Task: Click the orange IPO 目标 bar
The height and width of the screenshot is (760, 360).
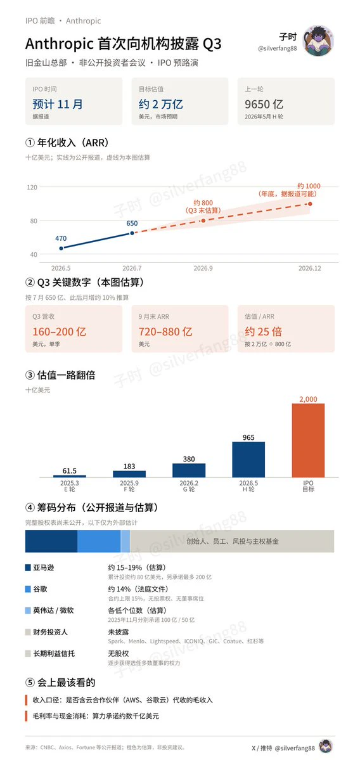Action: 308,441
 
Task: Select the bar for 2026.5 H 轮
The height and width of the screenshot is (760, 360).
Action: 248,460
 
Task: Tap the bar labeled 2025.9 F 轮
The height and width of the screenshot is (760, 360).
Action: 129,474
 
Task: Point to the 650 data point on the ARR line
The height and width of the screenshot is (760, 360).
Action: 132,233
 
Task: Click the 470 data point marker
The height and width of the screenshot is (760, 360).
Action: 61,248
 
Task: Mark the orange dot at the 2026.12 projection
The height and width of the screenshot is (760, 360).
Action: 310,203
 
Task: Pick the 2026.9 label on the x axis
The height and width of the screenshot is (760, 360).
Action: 203,268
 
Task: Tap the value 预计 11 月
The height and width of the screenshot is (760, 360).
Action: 58,104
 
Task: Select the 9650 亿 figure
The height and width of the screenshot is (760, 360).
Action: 264,104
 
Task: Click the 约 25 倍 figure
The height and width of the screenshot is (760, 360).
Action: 264,332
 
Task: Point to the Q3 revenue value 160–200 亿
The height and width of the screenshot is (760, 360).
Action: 60,332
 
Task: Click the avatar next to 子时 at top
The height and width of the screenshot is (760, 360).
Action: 318,41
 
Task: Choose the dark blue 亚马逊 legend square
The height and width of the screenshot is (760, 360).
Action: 29,567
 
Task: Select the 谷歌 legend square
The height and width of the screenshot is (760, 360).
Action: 29,589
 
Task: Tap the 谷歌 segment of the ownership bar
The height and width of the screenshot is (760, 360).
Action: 99,541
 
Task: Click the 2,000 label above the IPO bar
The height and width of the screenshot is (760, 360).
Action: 308,399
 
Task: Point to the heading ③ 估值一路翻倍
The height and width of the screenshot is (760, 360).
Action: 60,375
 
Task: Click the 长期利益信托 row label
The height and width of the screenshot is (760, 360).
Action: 54,654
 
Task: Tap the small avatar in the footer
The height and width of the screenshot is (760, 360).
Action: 327,747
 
